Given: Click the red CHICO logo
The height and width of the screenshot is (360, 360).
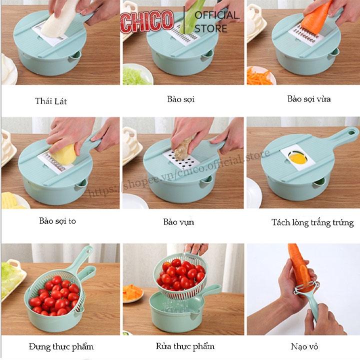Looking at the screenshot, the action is [x=147, y=21].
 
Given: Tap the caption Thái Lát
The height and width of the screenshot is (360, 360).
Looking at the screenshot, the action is [x=51, y=101].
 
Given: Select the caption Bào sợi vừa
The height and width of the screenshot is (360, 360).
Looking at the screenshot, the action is [x=309, y=99].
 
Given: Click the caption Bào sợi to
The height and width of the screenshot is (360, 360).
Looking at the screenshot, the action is [x=57, y=221].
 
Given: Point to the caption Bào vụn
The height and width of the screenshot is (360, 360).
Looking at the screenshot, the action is [x=178, y=222].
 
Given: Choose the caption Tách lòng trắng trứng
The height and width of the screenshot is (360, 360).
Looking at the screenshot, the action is [x=312, y=222].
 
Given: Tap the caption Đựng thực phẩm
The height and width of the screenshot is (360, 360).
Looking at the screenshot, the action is [x=61, y=346].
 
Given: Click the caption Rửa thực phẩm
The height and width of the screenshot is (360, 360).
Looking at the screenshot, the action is [x=185, y=346].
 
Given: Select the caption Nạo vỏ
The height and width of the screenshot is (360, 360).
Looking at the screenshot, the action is [x=304, y=346].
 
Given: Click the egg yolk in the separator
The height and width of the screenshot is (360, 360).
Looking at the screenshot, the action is [x=298, y=158].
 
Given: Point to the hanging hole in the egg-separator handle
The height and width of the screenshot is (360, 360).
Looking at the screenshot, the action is [x=351, y=132].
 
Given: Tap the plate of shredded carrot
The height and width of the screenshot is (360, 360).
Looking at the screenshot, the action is [x=260, y=75].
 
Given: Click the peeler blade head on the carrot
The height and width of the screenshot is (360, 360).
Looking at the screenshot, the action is [x=306, y=287].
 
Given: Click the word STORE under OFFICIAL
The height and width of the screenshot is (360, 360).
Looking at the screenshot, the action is [x=211, y=28].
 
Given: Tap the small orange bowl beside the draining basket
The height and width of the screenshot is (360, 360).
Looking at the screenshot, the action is [x=133, y=293].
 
